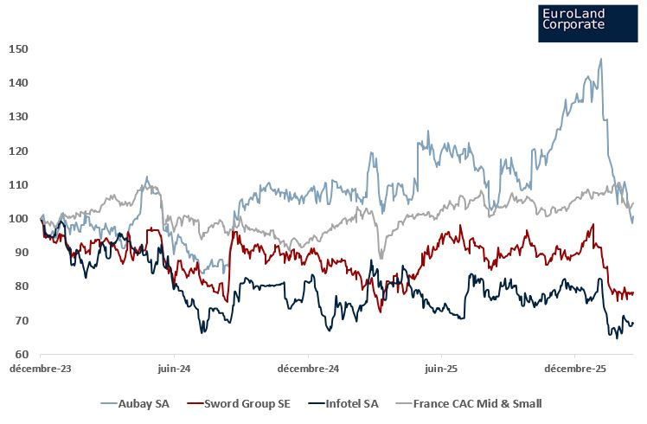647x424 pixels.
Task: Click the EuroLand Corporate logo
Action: click(587, 21)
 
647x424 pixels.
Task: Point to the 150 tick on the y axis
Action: click(20, 48)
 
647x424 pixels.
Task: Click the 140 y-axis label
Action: click(20, 82)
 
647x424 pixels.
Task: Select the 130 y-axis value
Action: click(20, 116)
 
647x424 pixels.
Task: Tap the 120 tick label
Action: click(20, 151)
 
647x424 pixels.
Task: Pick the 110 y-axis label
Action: click(20, 184)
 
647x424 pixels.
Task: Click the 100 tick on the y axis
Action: click(20, 218)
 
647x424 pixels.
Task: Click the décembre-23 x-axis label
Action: click(41, 369)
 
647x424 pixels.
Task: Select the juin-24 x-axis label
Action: click(174, 369)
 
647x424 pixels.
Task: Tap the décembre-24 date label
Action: click(308, 369)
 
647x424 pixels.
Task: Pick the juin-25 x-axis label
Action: click(441, 369)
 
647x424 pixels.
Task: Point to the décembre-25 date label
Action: click(575, 369)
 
